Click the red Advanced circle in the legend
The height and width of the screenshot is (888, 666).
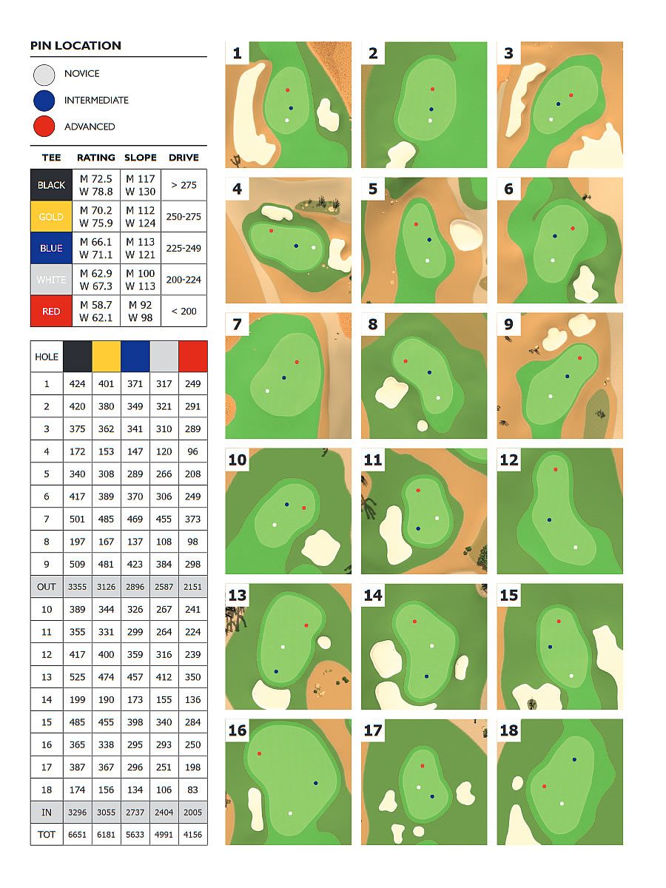tap(44, 127)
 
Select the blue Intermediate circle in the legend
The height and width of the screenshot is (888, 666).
tap(44, 101)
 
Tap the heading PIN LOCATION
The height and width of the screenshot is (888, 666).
tap(75, 46)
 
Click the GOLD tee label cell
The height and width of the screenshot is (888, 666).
tap(51, 216)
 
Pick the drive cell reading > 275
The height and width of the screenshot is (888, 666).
tap(184, 185)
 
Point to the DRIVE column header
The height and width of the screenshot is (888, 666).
tap(184, 158)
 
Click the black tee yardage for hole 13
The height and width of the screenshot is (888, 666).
tap(77, 677)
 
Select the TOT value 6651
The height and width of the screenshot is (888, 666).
tap(77, 835)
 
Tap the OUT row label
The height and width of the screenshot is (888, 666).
tap(47, 587)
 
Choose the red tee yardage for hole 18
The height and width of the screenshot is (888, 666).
tap(192, 790)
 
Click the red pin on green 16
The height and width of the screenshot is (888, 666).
tap(259, 753)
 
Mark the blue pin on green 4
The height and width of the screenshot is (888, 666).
tap(297, 246)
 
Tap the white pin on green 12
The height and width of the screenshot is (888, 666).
tap(575, 548)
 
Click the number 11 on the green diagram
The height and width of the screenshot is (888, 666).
tap(372, 460)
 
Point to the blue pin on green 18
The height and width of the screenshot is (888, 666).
tap(574, 759)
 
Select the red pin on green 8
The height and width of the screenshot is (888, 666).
tap(406, 361)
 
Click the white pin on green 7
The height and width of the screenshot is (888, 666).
tap(267, 391)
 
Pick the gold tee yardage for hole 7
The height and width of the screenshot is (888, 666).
tap(106, 519)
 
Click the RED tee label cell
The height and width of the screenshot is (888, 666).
tap(51, 311)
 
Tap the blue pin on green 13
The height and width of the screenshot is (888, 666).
tap(276, 672)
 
